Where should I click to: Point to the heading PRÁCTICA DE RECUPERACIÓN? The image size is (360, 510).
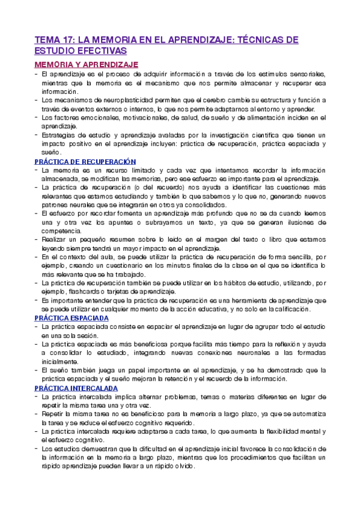coord(85,162)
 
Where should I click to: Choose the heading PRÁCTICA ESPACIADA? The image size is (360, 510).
coord(72,317)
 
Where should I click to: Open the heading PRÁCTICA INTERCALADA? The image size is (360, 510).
coord(76,389)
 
